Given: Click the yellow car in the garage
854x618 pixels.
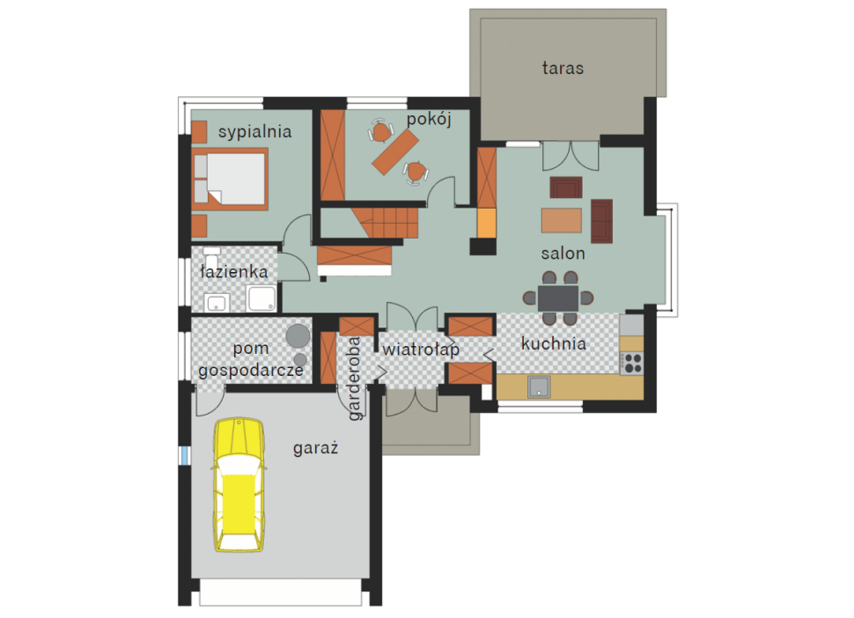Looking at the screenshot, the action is pyautogui.click(x=239, y=484).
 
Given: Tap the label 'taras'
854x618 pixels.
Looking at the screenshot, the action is pyautogui.click(x=563, y=68).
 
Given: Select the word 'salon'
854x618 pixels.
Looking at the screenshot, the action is pyautogui.click(x=563, y=254).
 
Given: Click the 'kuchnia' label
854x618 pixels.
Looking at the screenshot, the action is pyautogui.click(x=554, y=343).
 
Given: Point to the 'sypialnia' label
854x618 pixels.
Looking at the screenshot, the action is pyautogui.click(x=255, y=132).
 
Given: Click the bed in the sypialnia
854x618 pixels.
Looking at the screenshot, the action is pyautogui.click(x=230, y=179).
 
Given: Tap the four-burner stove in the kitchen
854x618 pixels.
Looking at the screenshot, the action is pyautogui.click(x=632, y=364).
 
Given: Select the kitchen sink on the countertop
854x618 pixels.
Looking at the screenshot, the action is pyautogui.click(x=539, y=387).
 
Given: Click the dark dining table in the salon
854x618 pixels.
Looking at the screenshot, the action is pyautogui.click(x=558, y=298).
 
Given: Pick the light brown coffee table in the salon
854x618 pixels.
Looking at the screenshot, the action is pyautogui.click(x=562, y=220).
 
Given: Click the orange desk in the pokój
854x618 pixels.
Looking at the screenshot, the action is pyautogui.click(x=395, y=152).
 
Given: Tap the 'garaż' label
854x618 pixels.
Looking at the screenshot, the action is pyautogui.click(x=316, y=448).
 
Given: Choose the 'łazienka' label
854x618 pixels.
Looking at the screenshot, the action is pyautogui.click(x=234, y=272).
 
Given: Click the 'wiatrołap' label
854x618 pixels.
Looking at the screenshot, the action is pyautogui.click(x=421, y=349).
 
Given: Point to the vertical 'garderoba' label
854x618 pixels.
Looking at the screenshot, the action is pyautogui.click(x=355, y=379).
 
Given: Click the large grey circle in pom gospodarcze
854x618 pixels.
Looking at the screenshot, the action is pyautogui.click(x=298, y=336).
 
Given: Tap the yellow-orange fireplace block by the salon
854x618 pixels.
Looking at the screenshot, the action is pyautogui.click(x=487, y=224).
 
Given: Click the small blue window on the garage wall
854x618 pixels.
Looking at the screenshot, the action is pyautogui.click(x=185, y=456).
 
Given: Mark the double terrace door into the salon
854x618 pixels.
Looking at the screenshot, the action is pyautogui.click(x=571, y=157).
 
